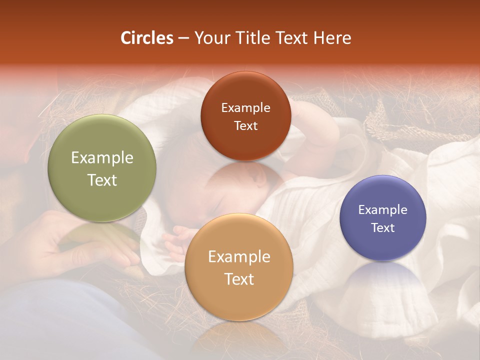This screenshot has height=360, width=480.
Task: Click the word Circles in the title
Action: [x=147, y=38]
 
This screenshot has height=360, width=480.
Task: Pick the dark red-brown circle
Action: [x=245, y=90]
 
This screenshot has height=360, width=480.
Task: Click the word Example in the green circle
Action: [x=102, y=158]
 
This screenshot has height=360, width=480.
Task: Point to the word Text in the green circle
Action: [x=102, y=180]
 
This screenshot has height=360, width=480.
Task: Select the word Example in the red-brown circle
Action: [x=245, y=108]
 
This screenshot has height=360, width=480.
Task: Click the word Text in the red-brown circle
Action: [x=245, y=126]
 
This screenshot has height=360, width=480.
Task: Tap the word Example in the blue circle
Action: [x=382, y=210]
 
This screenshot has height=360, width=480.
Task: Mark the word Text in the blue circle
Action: [x=382, y=228]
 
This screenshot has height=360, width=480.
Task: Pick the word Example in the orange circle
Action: [x=239, y=257]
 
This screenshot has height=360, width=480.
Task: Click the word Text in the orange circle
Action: [x=239, y=279]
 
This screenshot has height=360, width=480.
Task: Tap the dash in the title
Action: [x=183, y=38]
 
